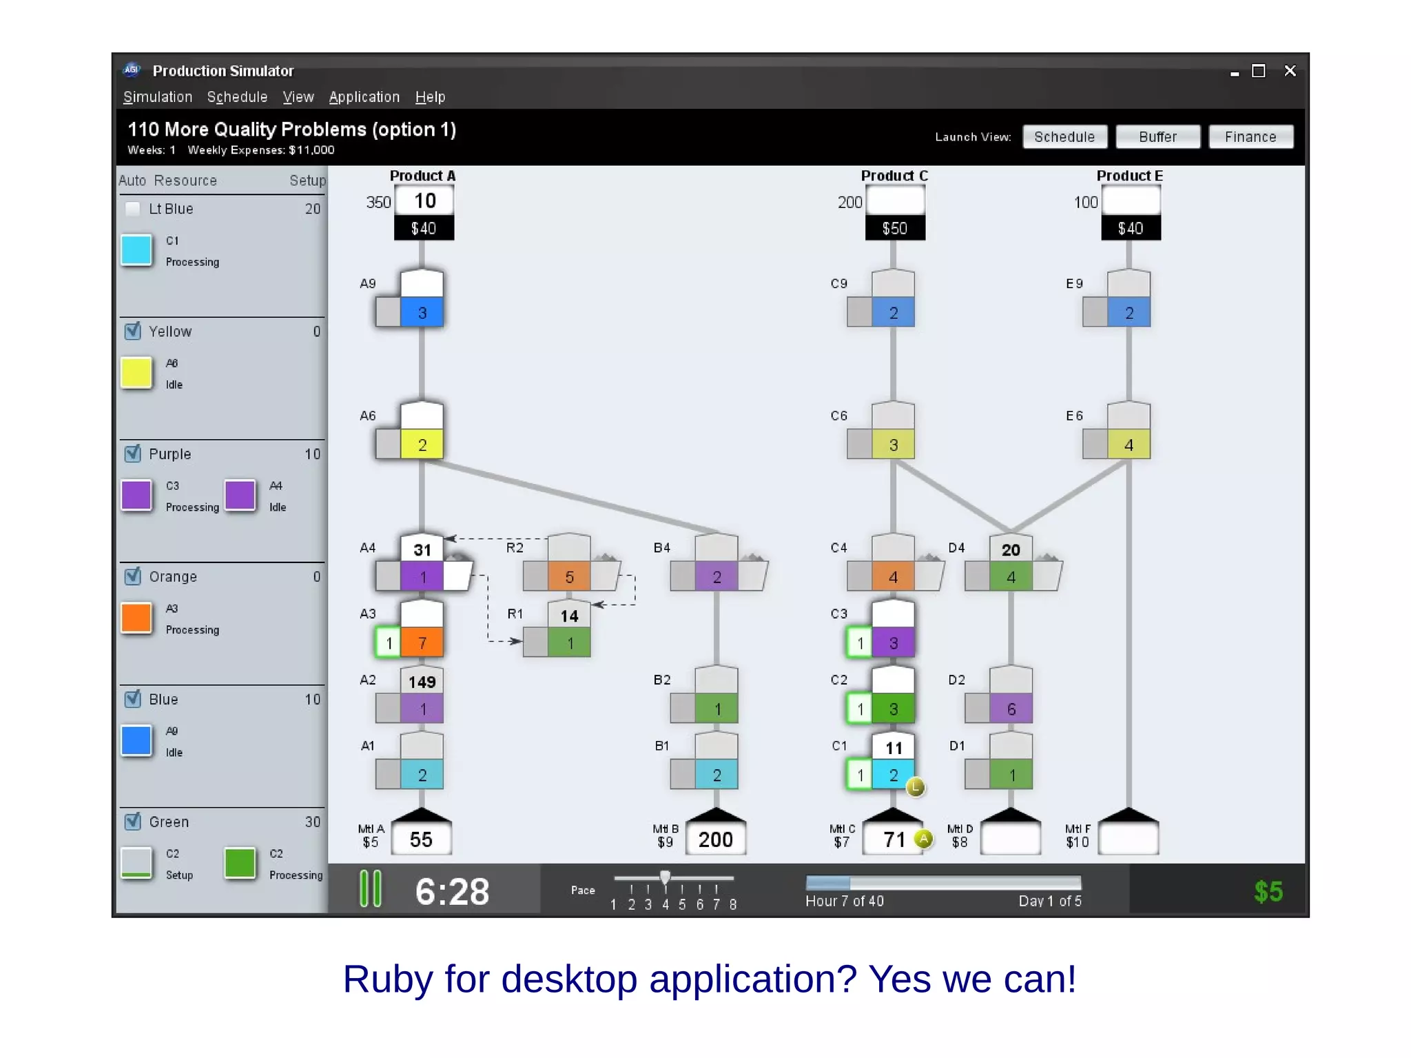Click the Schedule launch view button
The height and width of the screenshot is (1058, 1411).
[1064, 136]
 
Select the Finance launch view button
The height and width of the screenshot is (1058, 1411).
[1250, 136]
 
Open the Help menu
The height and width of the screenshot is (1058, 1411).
[430, 97]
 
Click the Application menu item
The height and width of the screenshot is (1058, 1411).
[364, 97]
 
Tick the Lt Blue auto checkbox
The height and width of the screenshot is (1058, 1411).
[133, 209]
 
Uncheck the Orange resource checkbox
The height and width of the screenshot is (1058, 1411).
[133, 576]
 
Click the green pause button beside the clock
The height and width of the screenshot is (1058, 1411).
[371, 889]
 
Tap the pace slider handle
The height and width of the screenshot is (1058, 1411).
[665, 877]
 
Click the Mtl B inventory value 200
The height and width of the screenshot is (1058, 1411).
[716, 840]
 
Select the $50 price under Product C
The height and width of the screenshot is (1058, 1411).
[895, 228]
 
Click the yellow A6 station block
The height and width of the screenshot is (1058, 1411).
[422, 445]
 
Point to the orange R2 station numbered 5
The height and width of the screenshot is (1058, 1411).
[569, 577]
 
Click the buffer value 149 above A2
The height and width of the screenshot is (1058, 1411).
[422, 682]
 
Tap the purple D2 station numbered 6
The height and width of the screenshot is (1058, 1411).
[1011, 709]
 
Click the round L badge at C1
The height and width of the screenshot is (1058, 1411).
[915, 787]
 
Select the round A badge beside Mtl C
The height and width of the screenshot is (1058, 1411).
[923, 839]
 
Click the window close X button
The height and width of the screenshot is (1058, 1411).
[1290, 71]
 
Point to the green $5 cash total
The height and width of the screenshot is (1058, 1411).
[1268, 891]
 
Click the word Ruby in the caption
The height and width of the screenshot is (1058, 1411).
[389, 979]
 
